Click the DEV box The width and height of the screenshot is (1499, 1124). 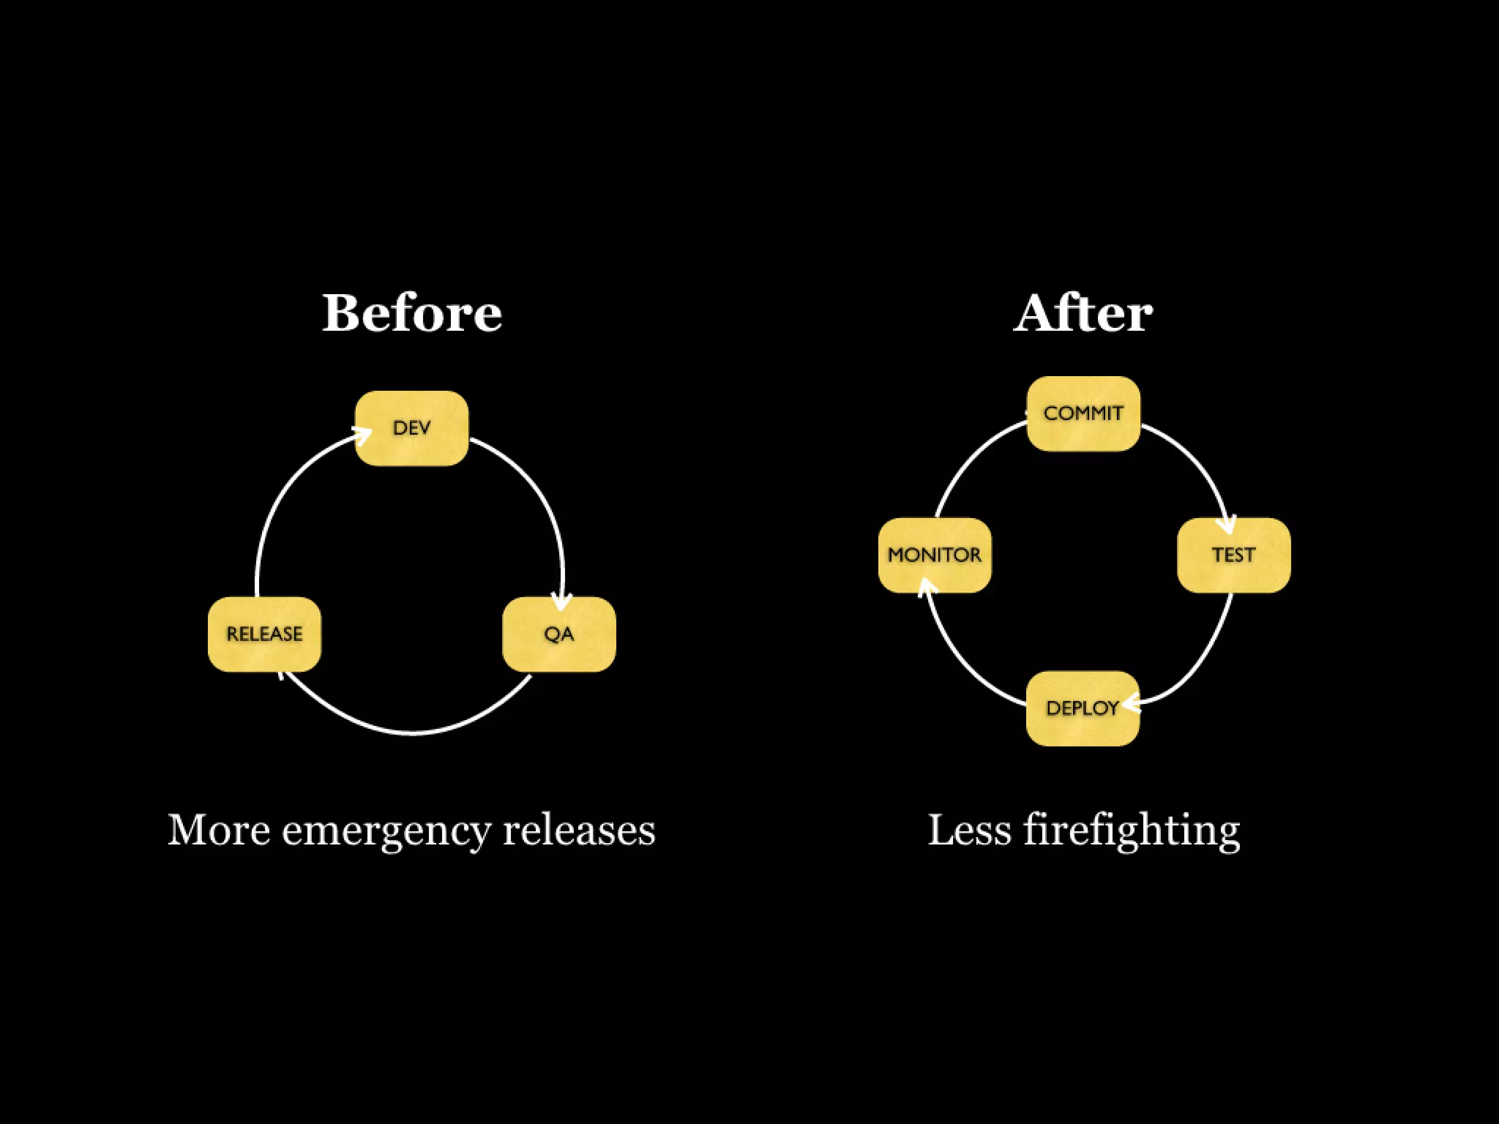411,428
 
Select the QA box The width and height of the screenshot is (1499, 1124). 558,634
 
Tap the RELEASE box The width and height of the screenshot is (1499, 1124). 264,634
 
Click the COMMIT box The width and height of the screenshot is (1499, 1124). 1083,413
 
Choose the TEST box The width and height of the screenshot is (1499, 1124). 1233,555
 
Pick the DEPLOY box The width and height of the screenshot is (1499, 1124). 1083,708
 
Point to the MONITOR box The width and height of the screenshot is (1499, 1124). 935,555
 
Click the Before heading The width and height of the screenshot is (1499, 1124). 412,313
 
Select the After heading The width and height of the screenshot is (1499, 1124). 1083,313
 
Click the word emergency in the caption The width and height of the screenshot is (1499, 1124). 386,831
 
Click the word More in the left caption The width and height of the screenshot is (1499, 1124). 218,830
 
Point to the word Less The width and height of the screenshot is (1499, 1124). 970,830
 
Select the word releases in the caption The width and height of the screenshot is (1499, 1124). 579,830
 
